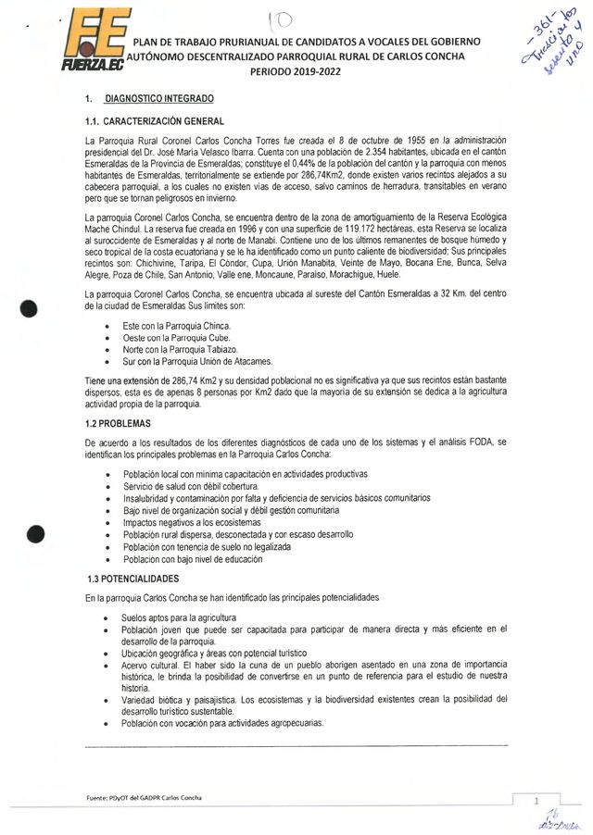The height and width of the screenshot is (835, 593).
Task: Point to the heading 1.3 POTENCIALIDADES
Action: pyautogui.click(x=139, y=578)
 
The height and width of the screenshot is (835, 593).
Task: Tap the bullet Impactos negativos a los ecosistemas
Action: pyautogui.click(x=186, y=522)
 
